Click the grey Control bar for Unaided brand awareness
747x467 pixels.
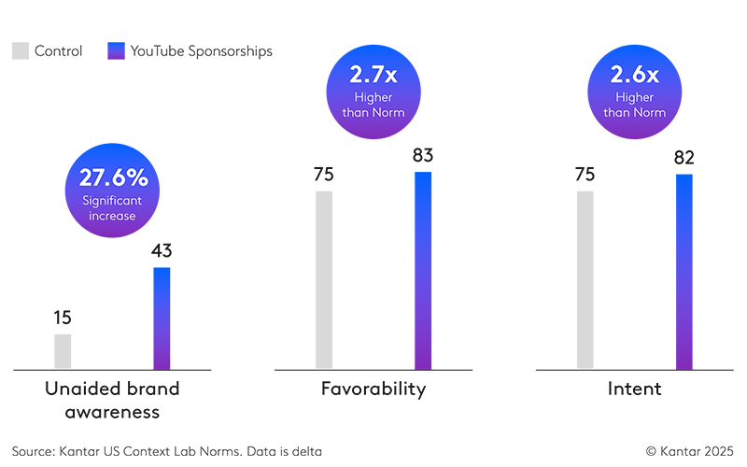63,351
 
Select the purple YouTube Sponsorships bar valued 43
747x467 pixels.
162,318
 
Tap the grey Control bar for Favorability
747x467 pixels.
324,279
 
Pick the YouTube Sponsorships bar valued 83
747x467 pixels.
423,270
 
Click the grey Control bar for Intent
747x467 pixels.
585,279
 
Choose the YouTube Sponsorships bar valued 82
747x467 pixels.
684,271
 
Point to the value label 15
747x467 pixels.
63,318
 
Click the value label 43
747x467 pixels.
162,250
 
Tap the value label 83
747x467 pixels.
423,155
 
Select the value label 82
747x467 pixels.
684,157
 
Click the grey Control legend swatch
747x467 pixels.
21,51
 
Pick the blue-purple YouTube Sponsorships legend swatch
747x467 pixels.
117,51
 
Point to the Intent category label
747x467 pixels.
635,389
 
